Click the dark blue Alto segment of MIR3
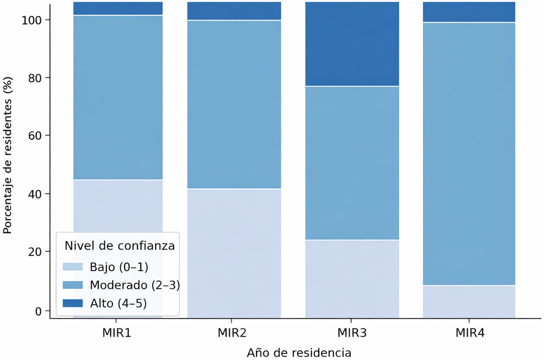click(x=352, y=44)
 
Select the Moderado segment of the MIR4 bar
click(x=469, y=154)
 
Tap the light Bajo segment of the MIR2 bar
click(x=234, y=253)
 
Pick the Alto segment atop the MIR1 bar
click(x=118, y=9)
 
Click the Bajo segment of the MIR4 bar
click(x=469, y=302)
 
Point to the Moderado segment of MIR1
click(x=118, y=97)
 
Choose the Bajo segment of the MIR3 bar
click(x=352, y=279)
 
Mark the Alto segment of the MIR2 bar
click(x=234, y=11)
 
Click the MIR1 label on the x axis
click(x=117, y=333)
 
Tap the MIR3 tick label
click(x=352, y=333)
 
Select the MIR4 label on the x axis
click(x=470, y=333)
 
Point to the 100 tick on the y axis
click(x=32, y=21)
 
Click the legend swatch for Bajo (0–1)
click(x=73, y=267)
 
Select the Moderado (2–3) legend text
click(x=135, y=285)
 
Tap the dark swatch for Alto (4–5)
click(x=73, y=303)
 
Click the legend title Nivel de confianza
click(x=120, y=246)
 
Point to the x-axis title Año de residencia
click(x=299, y=353)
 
